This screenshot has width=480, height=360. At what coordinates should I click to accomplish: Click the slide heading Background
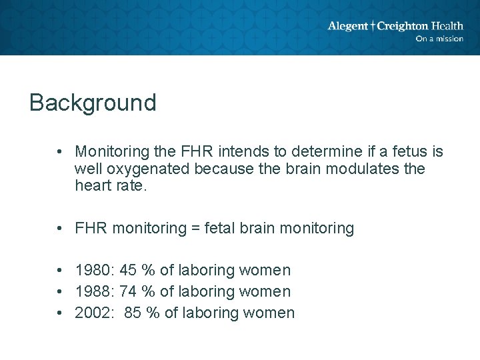[93, 103]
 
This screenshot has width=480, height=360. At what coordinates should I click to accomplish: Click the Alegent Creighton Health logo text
[395, 26]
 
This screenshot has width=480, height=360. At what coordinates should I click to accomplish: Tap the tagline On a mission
[439, 39]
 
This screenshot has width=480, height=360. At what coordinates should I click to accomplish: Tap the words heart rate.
[109, 186]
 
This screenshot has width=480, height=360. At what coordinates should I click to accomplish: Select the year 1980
[95, 270]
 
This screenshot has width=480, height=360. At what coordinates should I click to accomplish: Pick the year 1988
[95, 291]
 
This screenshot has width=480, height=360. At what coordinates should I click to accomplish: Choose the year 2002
[95, 313]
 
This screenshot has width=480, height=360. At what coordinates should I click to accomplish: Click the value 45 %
[137, 270]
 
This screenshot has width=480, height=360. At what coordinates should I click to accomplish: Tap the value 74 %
[137, 291]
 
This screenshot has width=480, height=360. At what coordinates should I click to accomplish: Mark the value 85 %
[142, 313]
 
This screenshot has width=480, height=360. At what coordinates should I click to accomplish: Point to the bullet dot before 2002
[60, 313]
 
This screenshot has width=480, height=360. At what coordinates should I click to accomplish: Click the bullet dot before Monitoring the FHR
[60, 152]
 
